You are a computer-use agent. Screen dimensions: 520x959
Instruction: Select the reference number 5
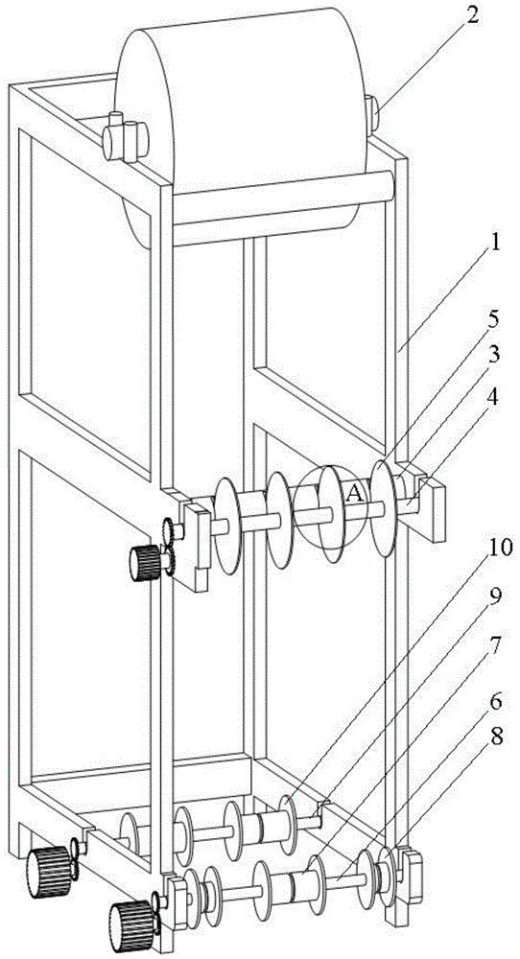(494, 318)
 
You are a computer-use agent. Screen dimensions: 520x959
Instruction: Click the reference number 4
(494, 397)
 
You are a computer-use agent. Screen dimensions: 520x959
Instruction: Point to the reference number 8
(495, 738)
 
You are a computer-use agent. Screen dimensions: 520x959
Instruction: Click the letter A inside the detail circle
(355, 493)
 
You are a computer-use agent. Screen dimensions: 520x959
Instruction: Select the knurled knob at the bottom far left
(49, 871)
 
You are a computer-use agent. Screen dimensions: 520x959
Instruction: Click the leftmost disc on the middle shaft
(227, 526)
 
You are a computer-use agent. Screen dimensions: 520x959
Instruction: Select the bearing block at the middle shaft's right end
(421, 502)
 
